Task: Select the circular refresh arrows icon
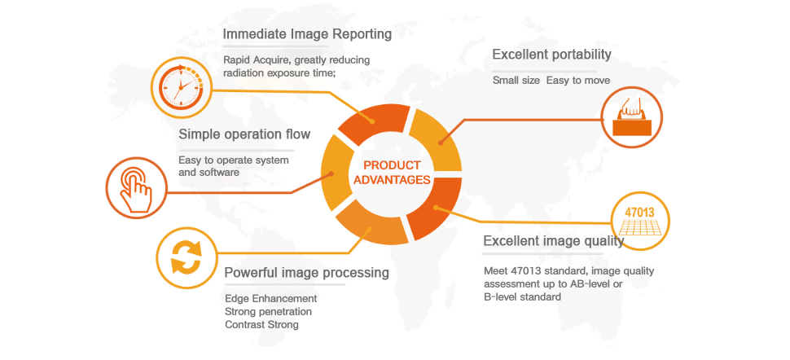(185, 257)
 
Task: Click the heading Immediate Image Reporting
(307, 34)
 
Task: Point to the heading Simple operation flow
(233, 134)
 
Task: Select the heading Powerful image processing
(306, 272)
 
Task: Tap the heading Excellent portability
(551, 55)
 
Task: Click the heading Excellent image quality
(553, 241)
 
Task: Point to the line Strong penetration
(268, 311)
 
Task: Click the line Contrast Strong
(261, 324)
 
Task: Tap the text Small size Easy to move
(551, 80)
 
